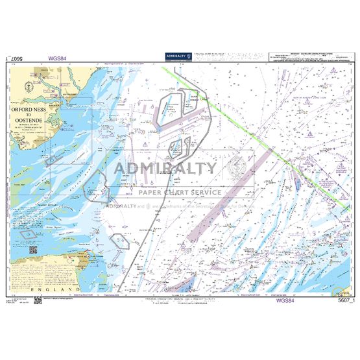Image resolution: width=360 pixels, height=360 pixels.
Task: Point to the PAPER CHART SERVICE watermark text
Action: tap(180, 192)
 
